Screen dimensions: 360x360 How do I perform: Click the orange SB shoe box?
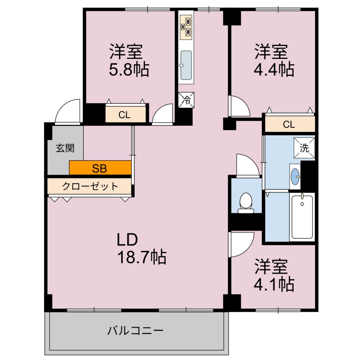(x=100, y=168)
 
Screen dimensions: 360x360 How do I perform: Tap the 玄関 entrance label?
(x=65, y=148)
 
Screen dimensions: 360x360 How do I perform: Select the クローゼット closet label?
(x=90, y=186)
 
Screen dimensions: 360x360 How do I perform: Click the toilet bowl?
(x=246, y=202)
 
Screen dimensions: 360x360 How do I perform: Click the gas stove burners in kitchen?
(x=186, y=27)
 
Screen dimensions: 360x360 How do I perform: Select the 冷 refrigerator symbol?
(x=186, y=99)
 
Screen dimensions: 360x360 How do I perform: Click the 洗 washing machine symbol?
(x=304, y=148)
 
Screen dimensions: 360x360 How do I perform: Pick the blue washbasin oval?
(x=296, y=174)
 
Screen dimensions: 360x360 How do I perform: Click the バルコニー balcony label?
(x=135, y=331)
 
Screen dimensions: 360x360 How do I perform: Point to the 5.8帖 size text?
(x=129, y=70)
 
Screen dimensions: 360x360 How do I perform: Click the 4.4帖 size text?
(x=274, y=70)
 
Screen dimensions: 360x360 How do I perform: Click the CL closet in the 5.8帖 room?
(x=126, y=115)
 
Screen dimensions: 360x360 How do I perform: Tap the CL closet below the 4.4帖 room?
(x=290, y=124)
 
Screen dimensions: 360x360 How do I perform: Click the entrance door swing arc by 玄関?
(x=68, y=112)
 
